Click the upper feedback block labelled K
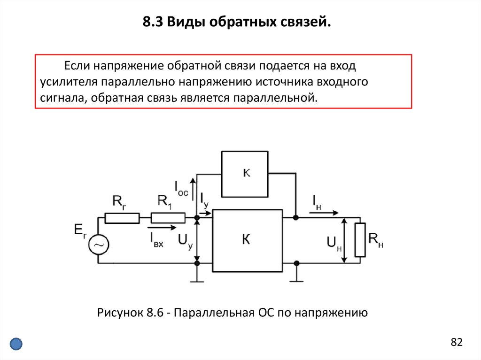[x=245, y=174]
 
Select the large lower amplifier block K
[x=247, y=240]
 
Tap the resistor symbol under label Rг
[x=122, y=218]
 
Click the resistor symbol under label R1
[x=168, y=218]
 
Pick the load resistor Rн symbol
[x=360, y=240]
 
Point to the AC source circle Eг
[x=99, y=245]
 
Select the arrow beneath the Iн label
[x=324, y=213]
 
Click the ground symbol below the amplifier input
[x=197, y=281]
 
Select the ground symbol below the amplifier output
[x=296, y=281]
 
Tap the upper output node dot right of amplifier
[x=295, y=218]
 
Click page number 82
[x=457, y=342]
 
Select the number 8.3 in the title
[x=153, y=22]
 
